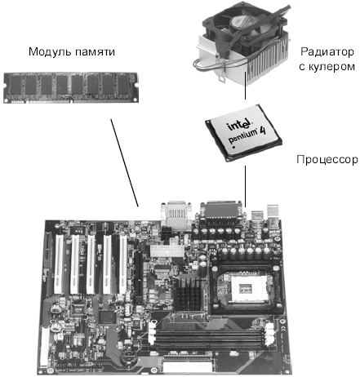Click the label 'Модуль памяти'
tap(72, 51)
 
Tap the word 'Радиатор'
tap(327, 51)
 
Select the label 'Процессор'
tap(327, 159)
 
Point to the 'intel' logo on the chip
tap(238, 125)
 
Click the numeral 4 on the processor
tap(262, 130)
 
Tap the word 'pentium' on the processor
tap(242, 135)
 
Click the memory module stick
tap(71, 87)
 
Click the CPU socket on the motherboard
tap(247, 287)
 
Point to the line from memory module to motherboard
tap(125, 162)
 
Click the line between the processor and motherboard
tap(246, 187)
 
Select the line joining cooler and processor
tap(246, 86)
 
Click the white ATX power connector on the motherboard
tap(166, 251)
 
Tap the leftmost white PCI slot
tap(59, 264)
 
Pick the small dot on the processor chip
tap(234, 147)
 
